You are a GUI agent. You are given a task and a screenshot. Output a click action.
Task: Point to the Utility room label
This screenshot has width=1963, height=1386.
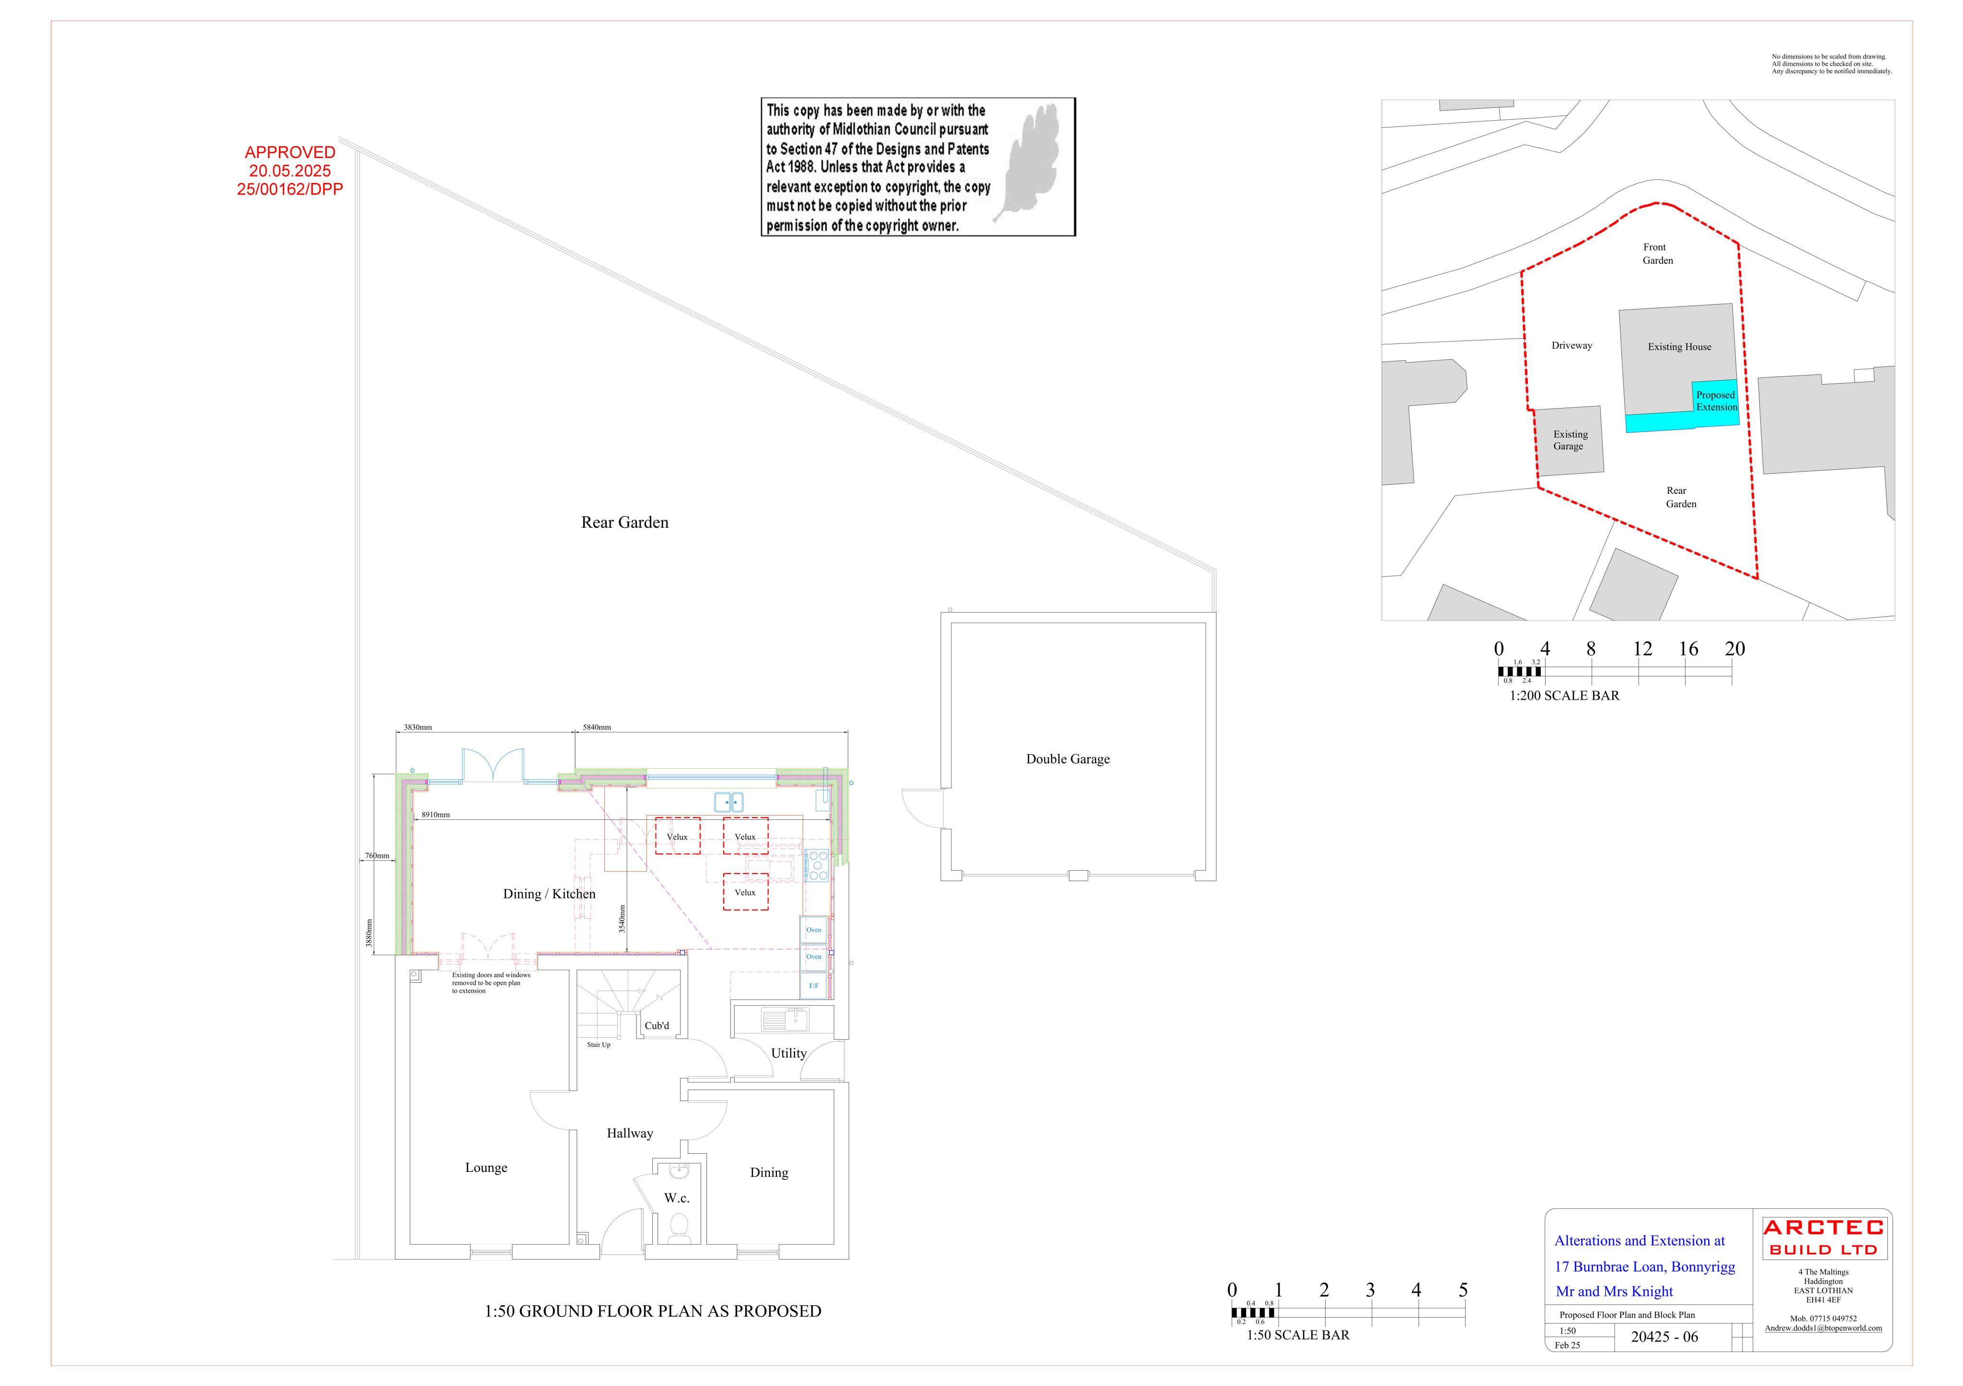(788, 1054)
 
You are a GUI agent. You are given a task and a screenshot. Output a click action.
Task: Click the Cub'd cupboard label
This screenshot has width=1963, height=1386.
(657, 1025)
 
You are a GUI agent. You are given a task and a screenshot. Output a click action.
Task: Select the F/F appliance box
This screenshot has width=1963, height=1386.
(813, 986)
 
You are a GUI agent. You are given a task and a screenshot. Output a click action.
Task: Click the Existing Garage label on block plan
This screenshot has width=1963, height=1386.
(1569, 440)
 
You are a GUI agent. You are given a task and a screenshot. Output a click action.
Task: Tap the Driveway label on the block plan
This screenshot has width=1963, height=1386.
(1571, 346)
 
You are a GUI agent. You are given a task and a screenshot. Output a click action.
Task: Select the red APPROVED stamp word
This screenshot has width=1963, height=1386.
(290, 152)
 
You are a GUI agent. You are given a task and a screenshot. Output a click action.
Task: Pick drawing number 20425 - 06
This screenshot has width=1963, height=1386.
(1664, 1337)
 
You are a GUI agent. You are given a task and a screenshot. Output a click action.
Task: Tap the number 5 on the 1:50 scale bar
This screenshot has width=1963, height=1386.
(1463, 1290)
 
